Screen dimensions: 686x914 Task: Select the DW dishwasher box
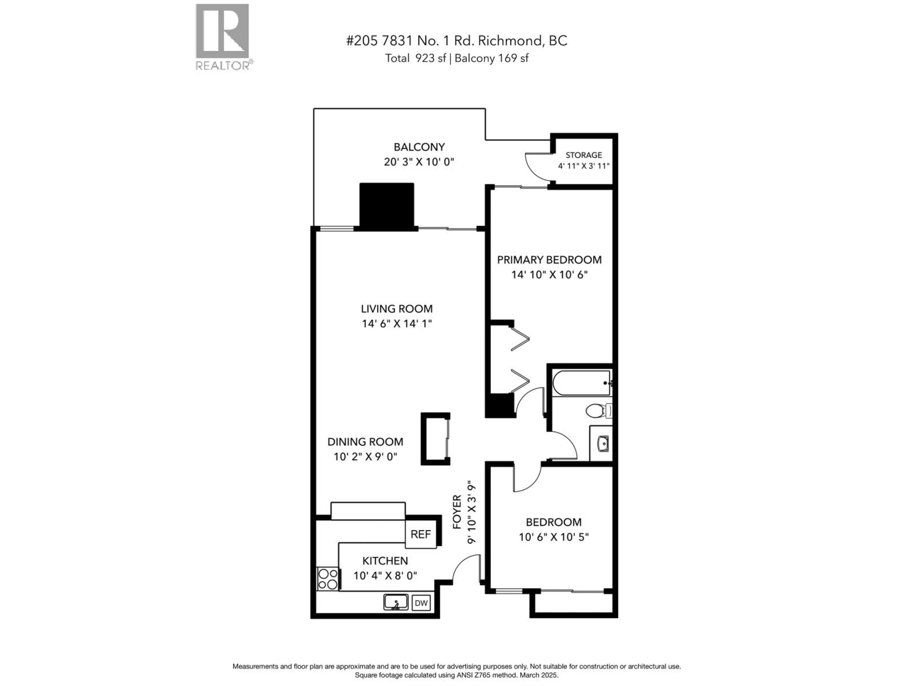point(421,603)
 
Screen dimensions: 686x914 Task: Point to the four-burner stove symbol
point(328,579)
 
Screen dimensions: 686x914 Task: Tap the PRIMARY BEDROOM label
point(549,260)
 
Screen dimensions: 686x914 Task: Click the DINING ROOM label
point(365,442)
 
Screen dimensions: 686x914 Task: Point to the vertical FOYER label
point(457,512)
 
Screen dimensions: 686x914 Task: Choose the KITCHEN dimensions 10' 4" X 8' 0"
point(385,575)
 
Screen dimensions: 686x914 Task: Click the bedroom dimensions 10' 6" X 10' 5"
point(554,537)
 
